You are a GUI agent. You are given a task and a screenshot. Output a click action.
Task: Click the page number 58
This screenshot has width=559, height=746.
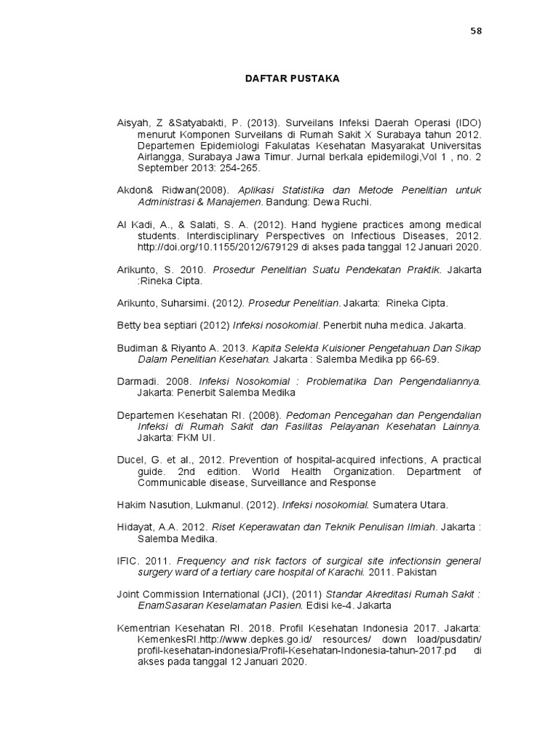pyautogui.click(x=476, y=31)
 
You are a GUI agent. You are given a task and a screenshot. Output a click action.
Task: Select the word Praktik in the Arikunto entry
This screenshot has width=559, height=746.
pyautogui.click(x=421, y=270)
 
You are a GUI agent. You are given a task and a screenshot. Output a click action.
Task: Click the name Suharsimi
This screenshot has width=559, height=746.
pyautogui.click(x=186, y=303)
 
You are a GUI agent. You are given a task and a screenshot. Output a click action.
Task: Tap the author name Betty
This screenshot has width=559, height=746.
pyautogui.click(x=130, y=325)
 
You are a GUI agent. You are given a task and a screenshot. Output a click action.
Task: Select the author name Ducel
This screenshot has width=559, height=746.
pyautogui.click(x=132, y=460)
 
